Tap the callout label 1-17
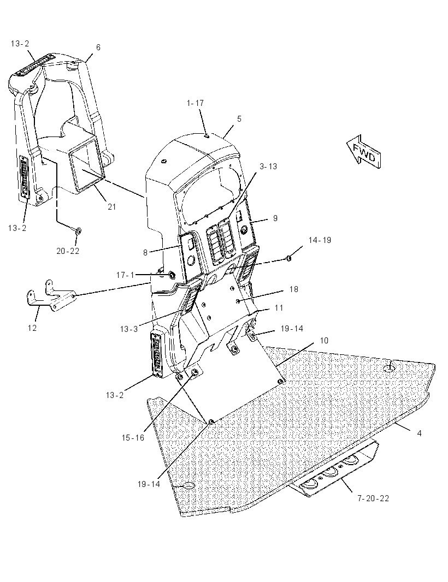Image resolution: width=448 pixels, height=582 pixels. click(196, 103)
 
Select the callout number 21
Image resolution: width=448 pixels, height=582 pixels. click(112, 207)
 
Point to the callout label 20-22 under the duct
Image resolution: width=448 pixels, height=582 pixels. click(68, 251)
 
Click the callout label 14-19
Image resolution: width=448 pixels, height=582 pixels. click(320, 240)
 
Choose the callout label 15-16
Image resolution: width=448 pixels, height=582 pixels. click(133, 438)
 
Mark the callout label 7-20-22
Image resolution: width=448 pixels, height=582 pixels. click(373, 498)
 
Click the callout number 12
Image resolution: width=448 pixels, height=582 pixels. click(32, 328)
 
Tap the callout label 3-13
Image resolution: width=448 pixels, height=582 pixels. click(268, 167)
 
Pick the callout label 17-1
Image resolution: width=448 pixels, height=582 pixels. click(125, 275)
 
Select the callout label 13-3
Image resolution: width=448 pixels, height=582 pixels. click(129, 329)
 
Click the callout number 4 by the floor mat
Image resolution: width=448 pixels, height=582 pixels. click(420, 433)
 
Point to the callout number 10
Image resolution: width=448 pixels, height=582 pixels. click(324, 340)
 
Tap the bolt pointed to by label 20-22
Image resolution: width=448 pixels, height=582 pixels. click(78, 231)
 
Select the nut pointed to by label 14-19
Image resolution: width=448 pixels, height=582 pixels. click(289, 258)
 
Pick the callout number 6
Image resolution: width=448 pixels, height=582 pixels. click(98, 47)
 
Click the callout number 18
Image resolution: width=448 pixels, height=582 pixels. click(294, 289)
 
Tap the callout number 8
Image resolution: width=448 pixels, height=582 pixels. click(145, 252)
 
